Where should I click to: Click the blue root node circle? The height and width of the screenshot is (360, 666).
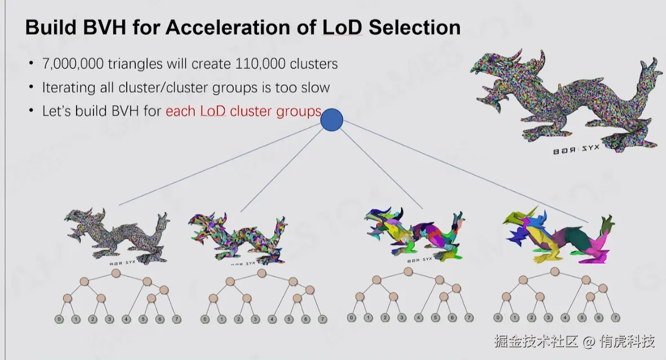331,120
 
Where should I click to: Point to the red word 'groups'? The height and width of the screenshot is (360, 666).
298,111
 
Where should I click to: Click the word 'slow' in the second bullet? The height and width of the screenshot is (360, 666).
316,87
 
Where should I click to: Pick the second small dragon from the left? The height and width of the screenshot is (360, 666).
237,236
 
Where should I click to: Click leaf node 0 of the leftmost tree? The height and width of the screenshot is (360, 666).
59,319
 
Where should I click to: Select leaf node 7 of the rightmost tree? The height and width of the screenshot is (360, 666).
615,317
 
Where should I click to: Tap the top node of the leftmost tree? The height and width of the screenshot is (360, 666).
116,273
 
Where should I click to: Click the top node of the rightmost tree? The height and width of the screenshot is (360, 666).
554,272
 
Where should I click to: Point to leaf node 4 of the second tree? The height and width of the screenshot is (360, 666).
272,319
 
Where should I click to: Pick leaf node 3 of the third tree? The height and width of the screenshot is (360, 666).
402,317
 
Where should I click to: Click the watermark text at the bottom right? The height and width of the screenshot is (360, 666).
574,341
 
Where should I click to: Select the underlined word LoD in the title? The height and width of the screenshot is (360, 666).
341,26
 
